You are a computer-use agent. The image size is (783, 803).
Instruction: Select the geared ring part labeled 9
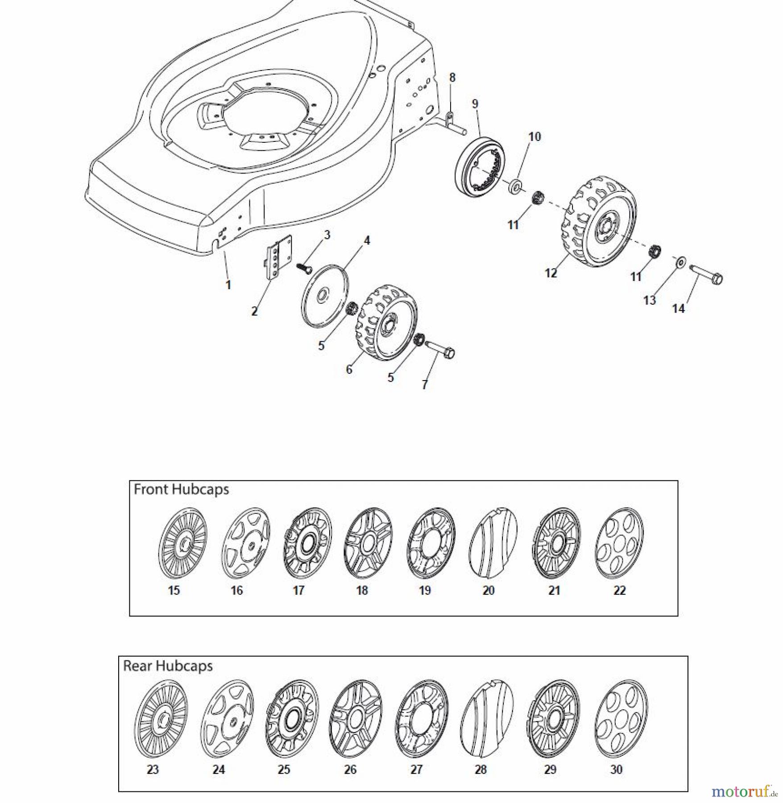(480, 167)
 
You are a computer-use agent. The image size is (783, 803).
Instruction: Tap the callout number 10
(534, 137)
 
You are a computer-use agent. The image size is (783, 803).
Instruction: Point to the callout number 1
(228, 285)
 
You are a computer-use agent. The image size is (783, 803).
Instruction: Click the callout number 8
(452, 78)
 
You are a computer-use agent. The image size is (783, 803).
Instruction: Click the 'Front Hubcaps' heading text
(181, 489)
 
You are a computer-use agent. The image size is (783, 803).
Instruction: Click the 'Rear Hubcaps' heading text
(168, 666)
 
